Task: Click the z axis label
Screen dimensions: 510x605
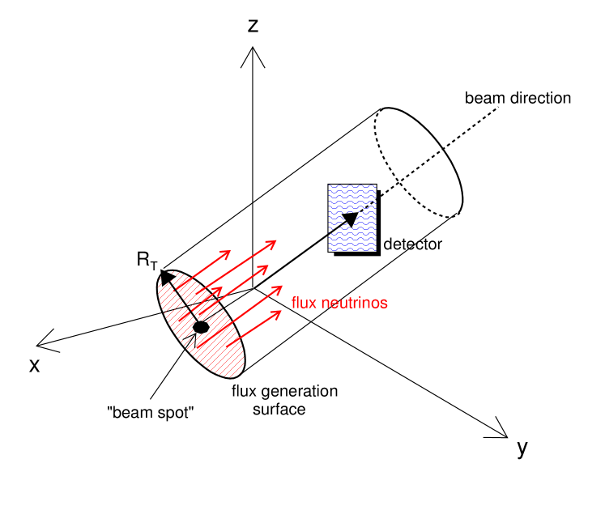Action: click(x=254, y=26)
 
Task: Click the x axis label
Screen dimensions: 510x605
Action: click(x=35, y=365)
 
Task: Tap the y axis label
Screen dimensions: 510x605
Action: click(x=522, y=448)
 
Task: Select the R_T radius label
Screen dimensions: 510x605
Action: click(x=147, y=261)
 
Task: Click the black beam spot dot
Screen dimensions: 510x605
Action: click(x=200, y=327)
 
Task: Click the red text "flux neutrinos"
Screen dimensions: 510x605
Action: click(x=339, y=304)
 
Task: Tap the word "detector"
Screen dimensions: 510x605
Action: click(x=412, y=244)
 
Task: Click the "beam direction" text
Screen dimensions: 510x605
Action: click(x=518, y=98)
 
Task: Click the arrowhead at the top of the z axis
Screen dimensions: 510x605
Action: click(x=254, y=55)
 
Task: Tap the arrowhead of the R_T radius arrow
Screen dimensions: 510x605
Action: click(x=167, y=276)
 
